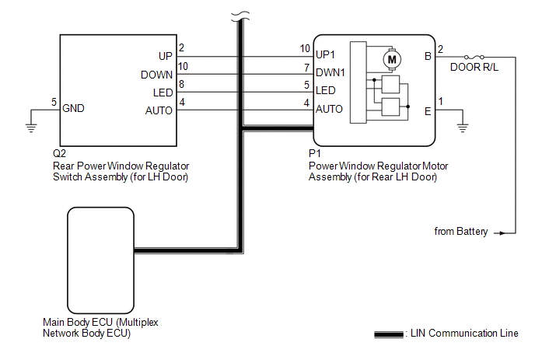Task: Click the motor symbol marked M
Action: pos(392,60)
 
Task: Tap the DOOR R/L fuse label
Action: pos(474,67)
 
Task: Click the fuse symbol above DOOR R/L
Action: pos(474,57)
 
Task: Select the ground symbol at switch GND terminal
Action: pos(31,128)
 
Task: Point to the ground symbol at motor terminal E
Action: pos(463,128)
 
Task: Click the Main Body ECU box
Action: pos(100,260)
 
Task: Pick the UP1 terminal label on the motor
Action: pos(325,54)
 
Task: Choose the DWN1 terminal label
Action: pos(330,72)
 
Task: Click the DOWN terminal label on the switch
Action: pos(156,75)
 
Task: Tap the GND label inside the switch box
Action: pos(73,108)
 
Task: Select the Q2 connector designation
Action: pos(59,153)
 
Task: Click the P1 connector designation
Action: pos(315,153)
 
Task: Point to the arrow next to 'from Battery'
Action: pos(499,233)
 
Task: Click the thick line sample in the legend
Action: pos(389,334)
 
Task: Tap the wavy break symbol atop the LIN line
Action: pos(240,16)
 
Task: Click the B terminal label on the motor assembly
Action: pos(428,56)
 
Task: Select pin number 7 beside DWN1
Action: pos(306,68)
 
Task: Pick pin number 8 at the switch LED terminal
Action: pos(181,84)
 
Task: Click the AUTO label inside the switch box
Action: pos(159,110)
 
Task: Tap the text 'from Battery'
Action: pos(461,232)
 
